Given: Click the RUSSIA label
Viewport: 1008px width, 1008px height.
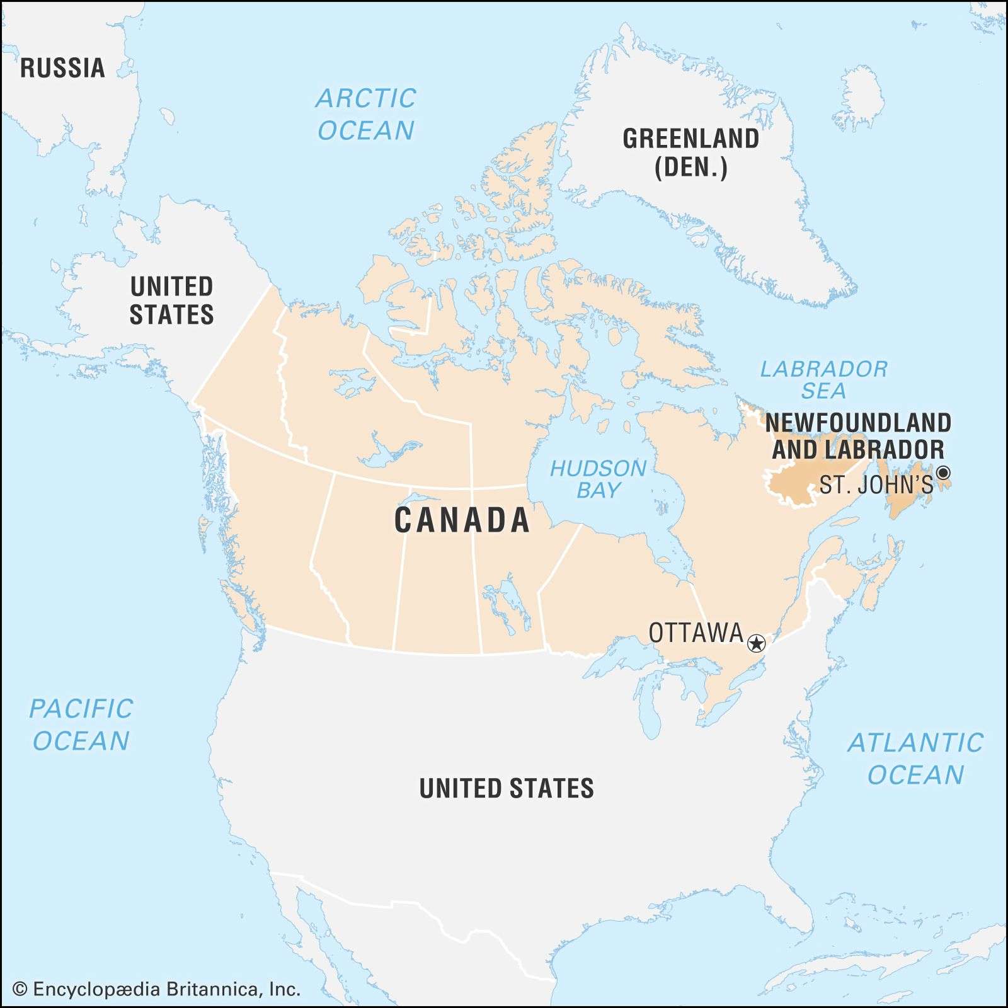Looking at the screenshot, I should click(x=62, y=68).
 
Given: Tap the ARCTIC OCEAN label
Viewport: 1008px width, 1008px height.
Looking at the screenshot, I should click(x=366, y=114).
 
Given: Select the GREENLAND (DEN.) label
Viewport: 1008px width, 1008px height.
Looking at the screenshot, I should click(x=690, y=153).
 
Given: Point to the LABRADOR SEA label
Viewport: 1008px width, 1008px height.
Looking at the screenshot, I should click(x=823, y=380).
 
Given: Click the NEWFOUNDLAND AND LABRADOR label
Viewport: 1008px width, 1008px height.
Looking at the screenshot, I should click(x=858, y=436).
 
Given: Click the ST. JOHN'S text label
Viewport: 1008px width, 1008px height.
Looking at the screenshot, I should click(x=876, y=484).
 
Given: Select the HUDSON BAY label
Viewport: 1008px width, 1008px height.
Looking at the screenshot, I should click(x=598, y=479).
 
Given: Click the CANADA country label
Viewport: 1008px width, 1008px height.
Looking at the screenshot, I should click(x=462, y=520).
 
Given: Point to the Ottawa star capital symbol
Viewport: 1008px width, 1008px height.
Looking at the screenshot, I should click(x=756, y=643).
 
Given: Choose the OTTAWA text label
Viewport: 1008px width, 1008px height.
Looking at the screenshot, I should click(x=696, y=633).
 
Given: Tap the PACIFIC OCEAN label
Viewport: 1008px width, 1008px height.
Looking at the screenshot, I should click(x=81, y=724).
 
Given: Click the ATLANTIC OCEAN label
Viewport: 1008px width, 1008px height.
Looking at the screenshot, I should click(x=915, y=759).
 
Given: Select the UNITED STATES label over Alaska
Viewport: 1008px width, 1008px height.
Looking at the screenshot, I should click(x=171, y=301).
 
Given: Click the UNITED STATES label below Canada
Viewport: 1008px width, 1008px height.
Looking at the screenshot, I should click(x=507, y=788).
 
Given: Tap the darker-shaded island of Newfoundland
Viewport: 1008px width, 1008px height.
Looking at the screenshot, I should click(x=910, y=495).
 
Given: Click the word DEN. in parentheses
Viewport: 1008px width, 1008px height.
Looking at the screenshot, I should click(x=691, y=168).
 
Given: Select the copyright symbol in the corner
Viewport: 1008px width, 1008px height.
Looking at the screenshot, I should click(x=20, y=990).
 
